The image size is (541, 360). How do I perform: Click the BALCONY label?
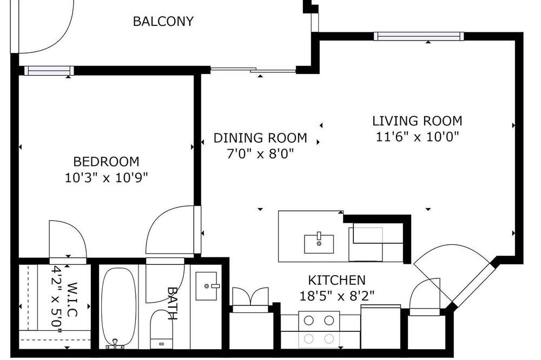[163, 22]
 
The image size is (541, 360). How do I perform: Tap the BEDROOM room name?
[106, 162]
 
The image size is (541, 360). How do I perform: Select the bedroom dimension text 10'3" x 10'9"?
[106, 178]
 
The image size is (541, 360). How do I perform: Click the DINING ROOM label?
[260, 138]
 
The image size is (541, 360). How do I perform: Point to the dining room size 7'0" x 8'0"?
[260, 154]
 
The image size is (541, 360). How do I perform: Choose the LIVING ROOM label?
[417, 121]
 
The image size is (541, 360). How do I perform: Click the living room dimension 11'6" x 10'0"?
[417, 137]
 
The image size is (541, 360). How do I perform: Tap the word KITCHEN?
[337, 280]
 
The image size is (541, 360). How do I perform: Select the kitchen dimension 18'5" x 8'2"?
[337, 296]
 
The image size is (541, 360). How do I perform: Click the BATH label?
[173, 303]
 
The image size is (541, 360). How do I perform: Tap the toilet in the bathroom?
[161, 329]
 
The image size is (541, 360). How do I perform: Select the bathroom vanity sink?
[207, 286]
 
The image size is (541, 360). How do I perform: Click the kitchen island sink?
[319, 243]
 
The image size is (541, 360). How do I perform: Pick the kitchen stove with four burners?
[319, 330]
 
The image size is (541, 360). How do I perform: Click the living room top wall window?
[419, 36]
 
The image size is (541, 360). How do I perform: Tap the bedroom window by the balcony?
[49, 71]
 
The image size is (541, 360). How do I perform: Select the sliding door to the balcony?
[253, 70]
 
